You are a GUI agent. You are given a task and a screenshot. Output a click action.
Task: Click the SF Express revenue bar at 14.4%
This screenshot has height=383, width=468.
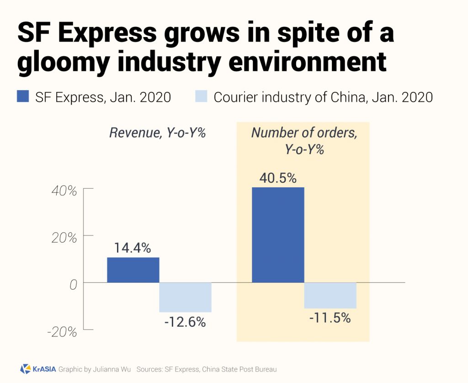tap(133, 270)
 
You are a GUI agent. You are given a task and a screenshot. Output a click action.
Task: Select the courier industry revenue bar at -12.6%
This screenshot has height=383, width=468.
tap(185, 297)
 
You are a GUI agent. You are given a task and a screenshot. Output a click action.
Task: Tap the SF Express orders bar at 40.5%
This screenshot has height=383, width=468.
tap(278, 234)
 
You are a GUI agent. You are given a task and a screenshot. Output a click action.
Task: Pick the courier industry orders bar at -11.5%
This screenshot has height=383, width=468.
tap(330, 295)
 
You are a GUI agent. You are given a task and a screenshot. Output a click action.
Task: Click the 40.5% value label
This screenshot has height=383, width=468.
tap(278, 178)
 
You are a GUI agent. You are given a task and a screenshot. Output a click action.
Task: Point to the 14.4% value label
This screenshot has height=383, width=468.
tap(133, 248)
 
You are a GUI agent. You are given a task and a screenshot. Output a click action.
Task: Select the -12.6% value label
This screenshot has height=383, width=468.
tap(185, 322)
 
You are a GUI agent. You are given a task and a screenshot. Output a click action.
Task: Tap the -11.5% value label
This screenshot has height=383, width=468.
tap(330, 318)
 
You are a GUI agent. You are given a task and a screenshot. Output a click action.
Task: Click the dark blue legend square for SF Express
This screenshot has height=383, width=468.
tap(23, 96)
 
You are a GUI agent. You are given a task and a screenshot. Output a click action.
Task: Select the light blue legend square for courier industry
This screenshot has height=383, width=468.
tap(201, 96)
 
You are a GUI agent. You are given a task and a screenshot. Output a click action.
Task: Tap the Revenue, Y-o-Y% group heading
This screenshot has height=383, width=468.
tap(158, 133)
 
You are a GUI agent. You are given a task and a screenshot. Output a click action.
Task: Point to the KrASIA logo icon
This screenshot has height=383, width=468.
tap(26, 369)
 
